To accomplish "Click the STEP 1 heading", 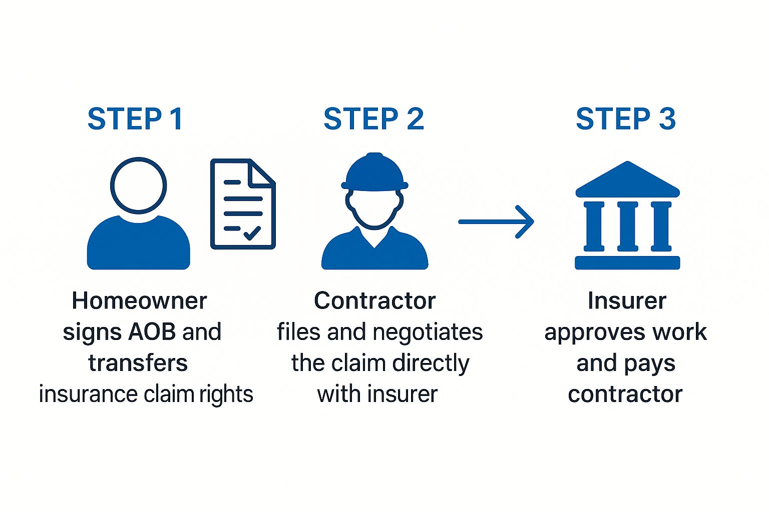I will [x=135, y=119].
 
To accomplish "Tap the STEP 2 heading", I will [x=373, y=119].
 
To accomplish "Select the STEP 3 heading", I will [x=626, y=119].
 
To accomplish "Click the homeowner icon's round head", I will [x=138, y=185].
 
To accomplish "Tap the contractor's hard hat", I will [x=374, y=172].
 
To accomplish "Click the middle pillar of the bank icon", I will [x=627, y=226].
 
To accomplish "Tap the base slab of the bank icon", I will [x=627, y=262].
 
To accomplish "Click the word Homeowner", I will [x=139, y=301].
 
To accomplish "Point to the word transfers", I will [x=138, y=363].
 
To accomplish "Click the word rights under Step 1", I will [x=226, y=394].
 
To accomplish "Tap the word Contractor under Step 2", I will [x=374, y=301].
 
